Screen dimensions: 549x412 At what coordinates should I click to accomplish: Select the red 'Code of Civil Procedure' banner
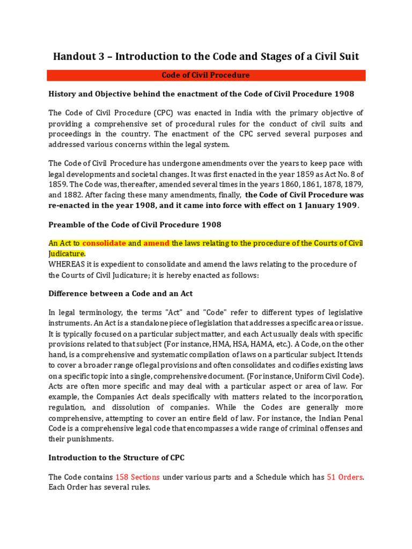pos(206,76)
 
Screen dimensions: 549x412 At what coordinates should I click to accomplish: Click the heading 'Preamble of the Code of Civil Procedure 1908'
pos(135,224)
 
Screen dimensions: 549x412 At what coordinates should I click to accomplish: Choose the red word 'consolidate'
pos(104,243)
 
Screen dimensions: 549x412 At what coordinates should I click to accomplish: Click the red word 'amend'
pos(157,243)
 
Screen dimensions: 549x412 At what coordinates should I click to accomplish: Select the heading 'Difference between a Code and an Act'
pos(121,294)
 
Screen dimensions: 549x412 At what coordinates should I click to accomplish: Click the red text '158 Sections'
pos(137,477)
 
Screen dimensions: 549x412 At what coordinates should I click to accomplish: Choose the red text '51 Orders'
pos(344,477)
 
